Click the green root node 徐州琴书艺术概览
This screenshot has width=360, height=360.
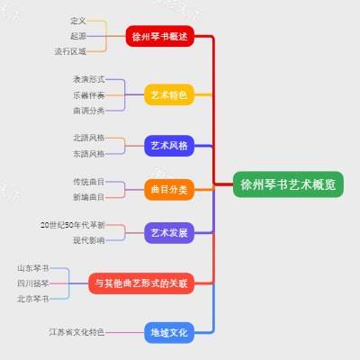tap(288, 184)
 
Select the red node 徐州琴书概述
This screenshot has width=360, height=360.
tap(159, 37)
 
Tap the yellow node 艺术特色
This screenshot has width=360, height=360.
tap(169, 94)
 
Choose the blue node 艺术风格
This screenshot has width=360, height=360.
tap(169, 145)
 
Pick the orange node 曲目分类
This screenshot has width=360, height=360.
tap(169, 189)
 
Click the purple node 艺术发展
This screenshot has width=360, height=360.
tap(169, 232)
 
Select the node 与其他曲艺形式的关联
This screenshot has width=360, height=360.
tap(142, 283)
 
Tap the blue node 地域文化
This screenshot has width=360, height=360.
tap(169, 332)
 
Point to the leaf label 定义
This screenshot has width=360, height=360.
tap(77, 20)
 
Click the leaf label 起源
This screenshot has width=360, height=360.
tap(77, 36)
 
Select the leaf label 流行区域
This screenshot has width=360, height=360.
tap(70, 51)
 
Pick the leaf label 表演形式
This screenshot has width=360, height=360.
tap(89, 79)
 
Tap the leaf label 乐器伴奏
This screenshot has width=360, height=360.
tap(89, 94)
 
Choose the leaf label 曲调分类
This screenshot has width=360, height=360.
tap(89, 110)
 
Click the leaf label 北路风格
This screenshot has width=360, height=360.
tap(89, 138)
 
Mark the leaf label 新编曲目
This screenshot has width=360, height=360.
tap(89, 196)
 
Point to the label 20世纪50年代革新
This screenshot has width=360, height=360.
tap(73, 224)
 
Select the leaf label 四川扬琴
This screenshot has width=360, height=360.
tap(33, 283)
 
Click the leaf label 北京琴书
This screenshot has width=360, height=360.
tap(33, 299)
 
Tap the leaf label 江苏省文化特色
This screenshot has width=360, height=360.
tap(76, 332)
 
